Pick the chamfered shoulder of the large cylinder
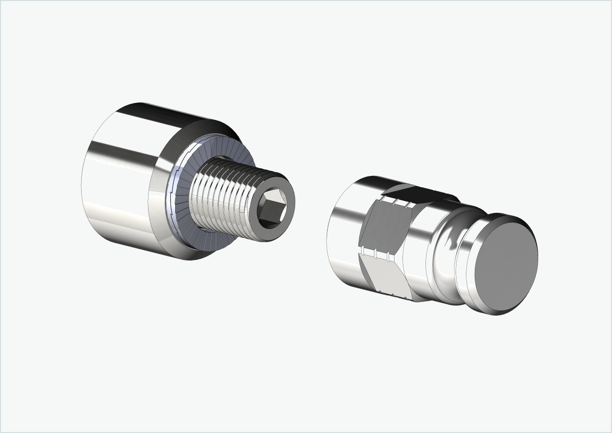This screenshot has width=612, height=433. [x=160, y=197]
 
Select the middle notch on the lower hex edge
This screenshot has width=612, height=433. [x=375, y=254]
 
